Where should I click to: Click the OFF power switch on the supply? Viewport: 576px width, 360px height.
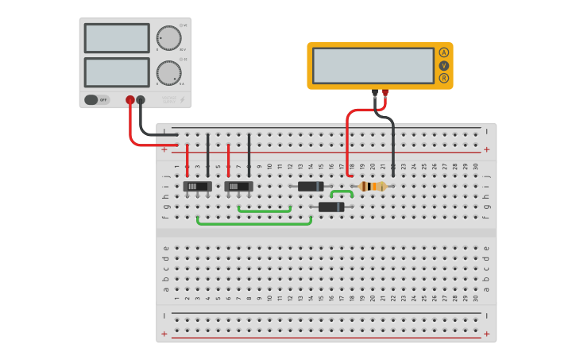pos(96,100)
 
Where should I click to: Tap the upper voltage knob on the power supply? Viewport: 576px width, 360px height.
pos(168,38)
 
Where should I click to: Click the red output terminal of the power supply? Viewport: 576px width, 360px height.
pos(130,100)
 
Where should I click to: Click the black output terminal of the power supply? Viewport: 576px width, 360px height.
pos(141,100)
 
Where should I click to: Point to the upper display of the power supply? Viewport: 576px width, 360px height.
pos(117,38)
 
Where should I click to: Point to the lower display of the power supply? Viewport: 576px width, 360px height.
pos(117,72)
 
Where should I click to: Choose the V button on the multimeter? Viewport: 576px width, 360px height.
pos(443,65)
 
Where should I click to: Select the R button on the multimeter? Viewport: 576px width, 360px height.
pos(443,78)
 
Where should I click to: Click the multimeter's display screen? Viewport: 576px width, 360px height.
pos(373,65)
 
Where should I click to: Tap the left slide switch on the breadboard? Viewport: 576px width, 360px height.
pos(197,186)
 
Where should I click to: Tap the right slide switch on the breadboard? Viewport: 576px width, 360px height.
pos(238,186)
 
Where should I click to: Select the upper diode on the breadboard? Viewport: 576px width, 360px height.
pos(311,186)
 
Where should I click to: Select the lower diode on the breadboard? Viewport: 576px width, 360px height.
pos(331,207)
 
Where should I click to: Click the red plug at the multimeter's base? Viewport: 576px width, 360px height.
pos(385,93)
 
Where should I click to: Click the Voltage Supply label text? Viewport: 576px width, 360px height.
pos(169,100)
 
